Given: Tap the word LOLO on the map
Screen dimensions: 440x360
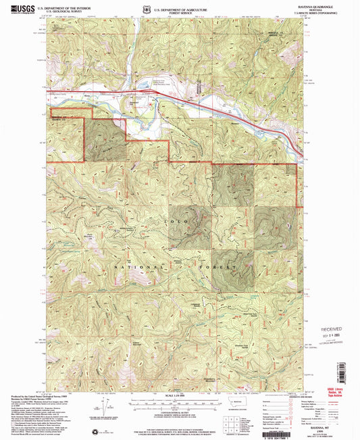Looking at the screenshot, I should (x=158, y=221).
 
